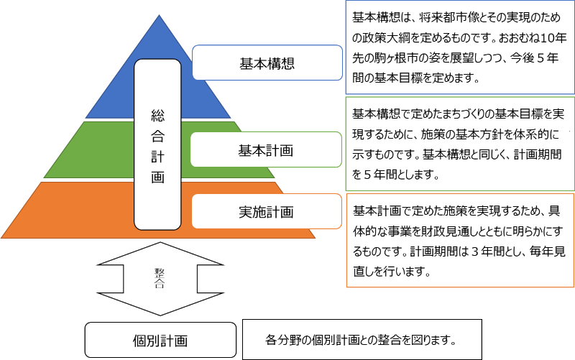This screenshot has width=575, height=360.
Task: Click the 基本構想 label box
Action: tap(267, 63)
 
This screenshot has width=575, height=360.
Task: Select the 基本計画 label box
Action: tap(266, 149)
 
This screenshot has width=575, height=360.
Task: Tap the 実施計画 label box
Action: tap(267, 211)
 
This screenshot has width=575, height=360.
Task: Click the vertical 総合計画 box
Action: tap(157, 144)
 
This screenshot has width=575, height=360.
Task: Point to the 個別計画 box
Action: tap(160, 340)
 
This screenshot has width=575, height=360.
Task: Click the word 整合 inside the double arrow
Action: tap(160, 278)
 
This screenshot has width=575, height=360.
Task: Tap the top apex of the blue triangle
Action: tap(159, 15)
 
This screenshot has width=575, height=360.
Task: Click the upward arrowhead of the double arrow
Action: tap(160, 253)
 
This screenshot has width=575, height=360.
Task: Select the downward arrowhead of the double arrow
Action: tap(160, 304)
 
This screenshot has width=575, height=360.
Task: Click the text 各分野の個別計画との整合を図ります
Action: tap(361, 340)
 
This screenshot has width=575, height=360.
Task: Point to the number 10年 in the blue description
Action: tap(553, 38)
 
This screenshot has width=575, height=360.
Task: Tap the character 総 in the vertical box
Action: tap(157, 116)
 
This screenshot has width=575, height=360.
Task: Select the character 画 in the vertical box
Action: tap(157, 177)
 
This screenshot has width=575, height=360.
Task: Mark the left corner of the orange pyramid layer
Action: tap(1, 239)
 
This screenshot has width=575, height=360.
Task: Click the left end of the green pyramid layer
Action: tap(44, 177)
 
